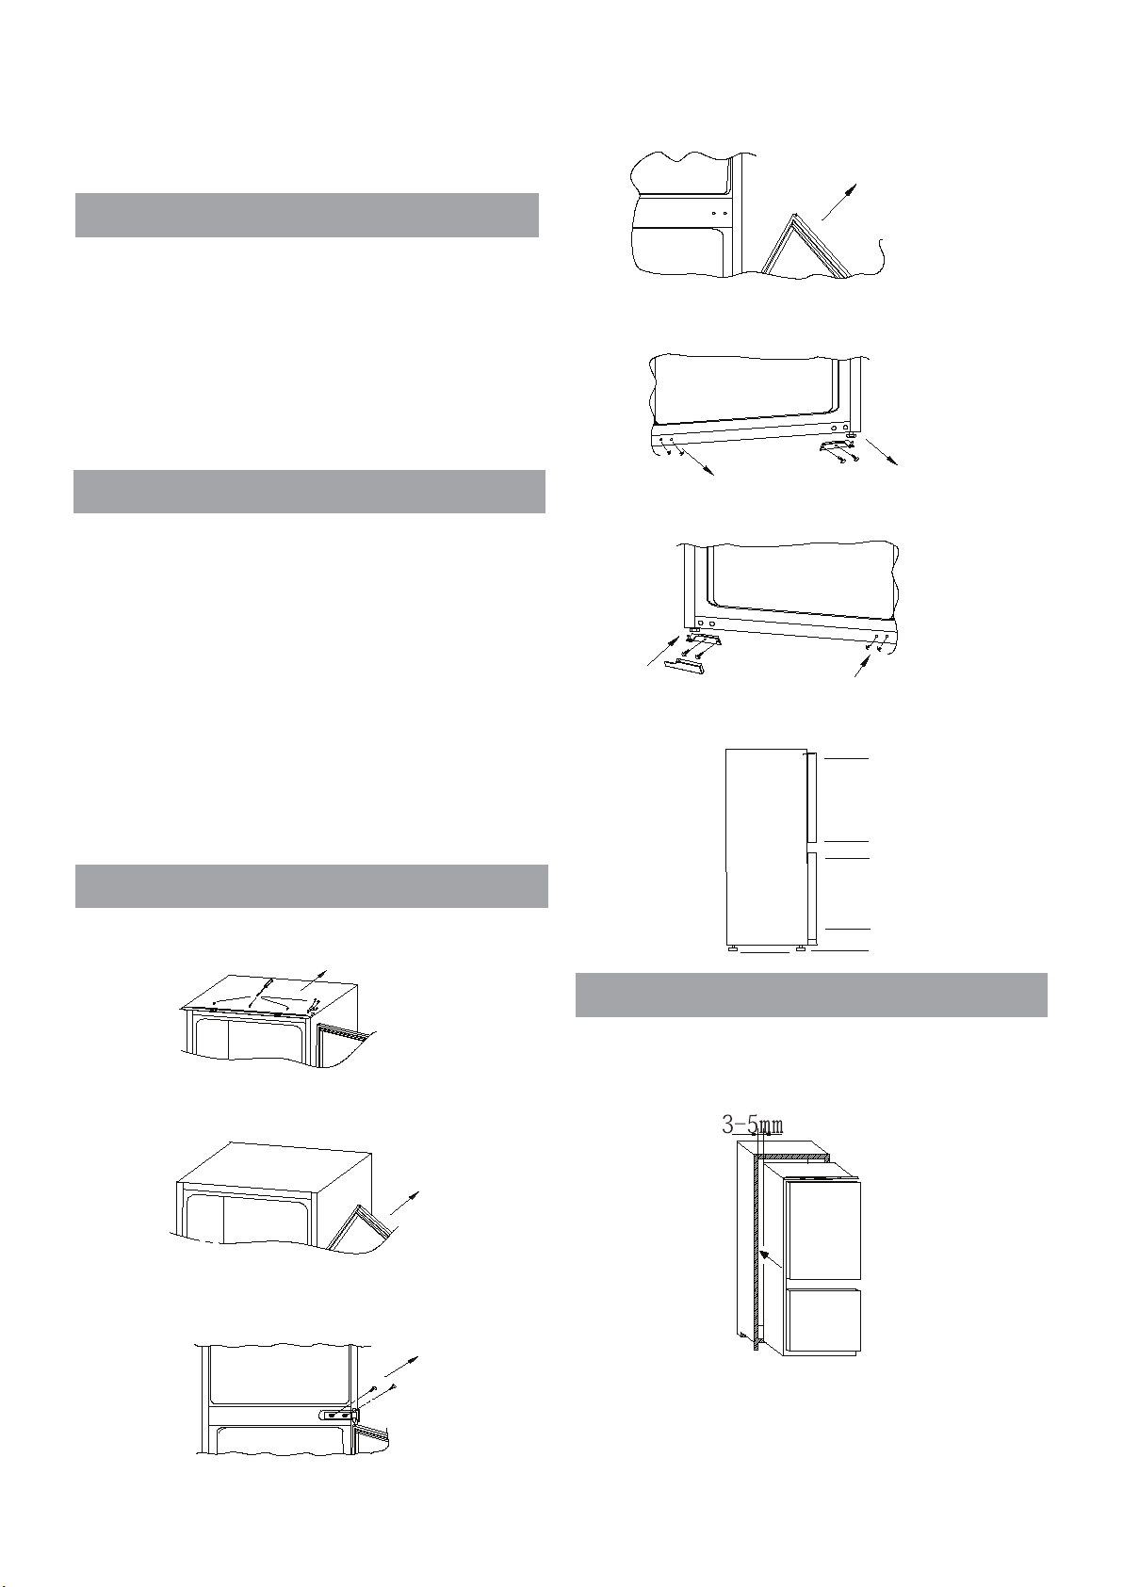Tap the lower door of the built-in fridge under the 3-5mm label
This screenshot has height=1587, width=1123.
tap(822, 1320)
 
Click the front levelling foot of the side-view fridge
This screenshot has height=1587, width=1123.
tap(800, 947)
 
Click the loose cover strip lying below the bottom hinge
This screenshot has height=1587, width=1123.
tap(684, 665)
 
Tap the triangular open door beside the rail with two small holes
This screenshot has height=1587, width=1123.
tap(805, 245)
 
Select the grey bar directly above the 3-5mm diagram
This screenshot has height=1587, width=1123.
tap(811, 995)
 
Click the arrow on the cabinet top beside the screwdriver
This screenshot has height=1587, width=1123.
tap(314, 980)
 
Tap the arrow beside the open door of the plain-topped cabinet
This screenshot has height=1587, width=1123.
tap(404, 1204)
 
